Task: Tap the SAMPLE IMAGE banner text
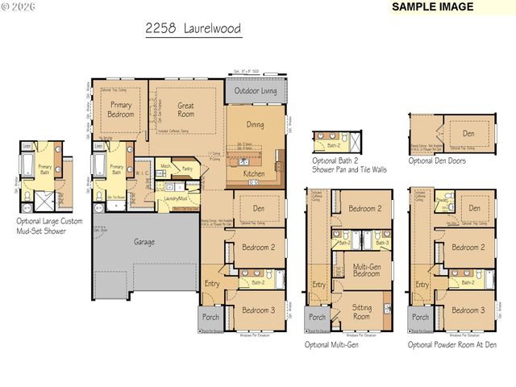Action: click(431, 7)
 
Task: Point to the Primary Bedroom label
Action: click(121, 110)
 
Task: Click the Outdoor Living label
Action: click(255, 91)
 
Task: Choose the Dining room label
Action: click(255, 125)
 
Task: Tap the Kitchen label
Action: click(254, 173)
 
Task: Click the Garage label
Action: click(144, 241)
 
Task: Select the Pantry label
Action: click(187, 169)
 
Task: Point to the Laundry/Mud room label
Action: click(176, 198)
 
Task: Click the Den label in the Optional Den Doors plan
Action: click(467, 134)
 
